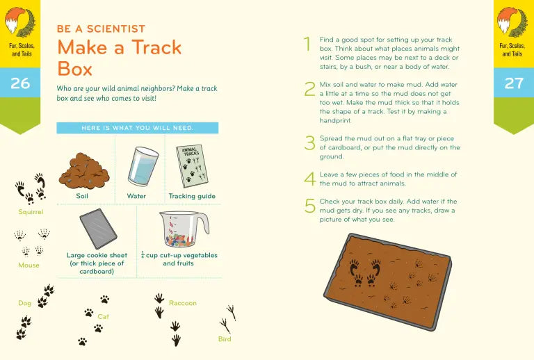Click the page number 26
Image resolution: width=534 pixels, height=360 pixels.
[20, 83]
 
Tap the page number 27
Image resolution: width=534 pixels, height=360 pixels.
[513, 83]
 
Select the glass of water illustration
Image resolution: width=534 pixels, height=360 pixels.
[143, 167]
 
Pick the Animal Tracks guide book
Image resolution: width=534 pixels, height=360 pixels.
[191, 166]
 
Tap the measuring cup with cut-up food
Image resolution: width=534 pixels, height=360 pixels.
[182, 229]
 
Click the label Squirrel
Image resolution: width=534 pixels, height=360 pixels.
[31, 211]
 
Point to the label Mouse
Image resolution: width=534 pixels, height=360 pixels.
[29, 265]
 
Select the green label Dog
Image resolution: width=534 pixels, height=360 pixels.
[24, 303]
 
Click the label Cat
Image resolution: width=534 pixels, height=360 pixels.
[103, 316]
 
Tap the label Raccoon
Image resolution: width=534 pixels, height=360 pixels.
[182, 303]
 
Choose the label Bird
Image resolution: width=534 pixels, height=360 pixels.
[224, 339]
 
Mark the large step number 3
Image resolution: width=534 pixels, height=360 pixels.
[309, 142]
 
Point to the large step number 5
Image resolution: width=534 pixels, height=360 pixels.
[309, 206]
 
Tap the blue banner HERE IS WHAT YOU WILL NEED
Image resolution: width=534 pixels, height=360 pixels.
[137, 128]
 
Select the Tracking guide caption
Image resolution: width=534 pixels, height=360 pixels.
[192, 196]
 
